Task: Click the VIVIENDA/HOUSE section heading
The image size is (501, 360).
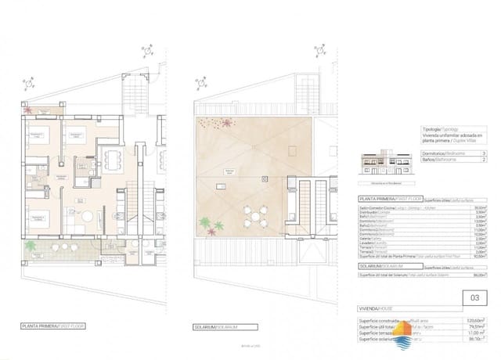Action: click(x=373, y=311)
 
